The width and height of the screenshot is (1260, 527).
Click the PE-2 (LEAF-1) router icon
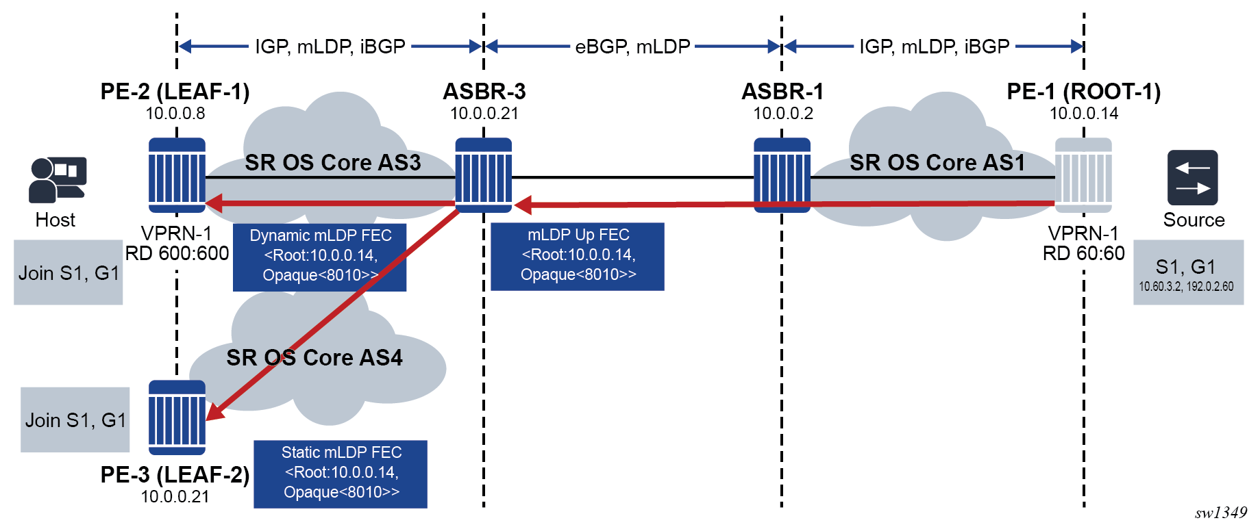tap(177, 175)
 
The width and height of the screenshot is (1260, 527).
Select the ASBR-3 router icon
tap(484, 175)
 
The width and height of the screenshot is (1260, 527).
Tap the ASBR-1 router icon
tap(782, 175)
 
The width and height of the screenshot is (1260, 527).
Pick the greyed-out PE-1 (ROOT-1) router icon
tap(1083, 175)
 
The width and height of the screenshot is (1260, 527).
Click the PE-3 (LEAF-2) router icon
tap(177, 417)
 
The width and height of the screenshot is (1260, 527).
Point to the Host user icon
tap(58, 179)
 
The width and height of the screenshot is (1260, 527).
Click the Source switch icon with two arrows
tap(1192, 177)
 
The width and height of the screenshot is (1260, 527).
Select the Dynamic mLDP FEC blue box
tap(319, 257)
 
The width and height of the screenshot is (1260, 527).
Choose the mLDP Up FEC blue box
tap(578, 256)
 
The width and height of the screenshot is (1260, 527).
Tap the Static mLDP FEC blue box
tap(341, 474)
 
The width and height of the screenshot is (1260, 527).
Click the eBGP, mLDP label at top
tap(632, 47)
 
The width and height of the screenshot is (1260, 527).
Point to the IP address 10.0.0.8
tap(175, 114)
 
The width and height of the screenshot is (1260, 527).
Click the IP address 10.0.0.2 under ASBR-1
tap(783, 114)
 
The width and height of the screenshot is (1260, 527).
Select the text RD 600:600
tap(177, 253)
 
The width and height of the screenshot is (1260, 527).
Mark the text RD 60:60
tap(1083, 253)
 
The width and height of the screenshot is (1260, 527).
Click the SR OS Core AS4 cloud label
tap(314, 357)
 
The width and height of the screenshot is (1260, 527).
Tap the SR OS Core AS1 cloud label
tap(937, 162)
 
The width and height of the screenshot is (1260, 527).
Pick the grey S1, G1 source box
tap(1188, 272)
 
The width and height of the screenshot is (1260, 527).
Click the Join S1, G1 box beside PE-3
tap(75, 420)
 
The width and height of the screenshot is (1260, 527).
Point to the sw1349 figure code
tap(1221, 513)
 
